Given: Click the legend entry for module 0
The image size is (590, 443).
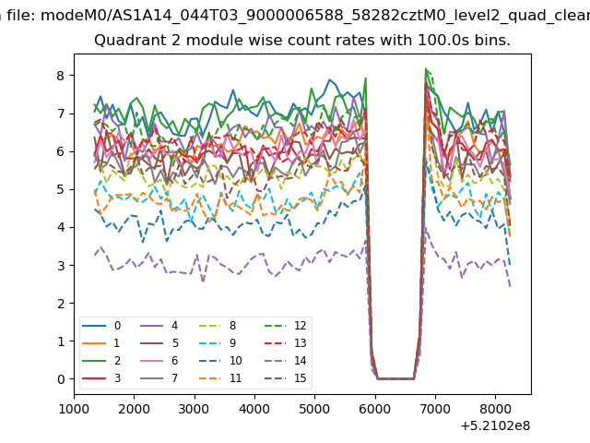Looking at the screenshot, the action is (x=101, y=326).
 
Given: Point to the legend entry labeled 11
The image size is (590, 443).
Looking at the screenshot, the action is (x=220, y=377).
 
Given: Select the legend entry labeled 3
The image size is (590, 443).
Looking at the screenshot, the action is (x=101, y=377).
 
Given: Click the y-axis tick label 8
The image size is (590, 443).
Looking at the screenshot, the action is (x=61, y=76).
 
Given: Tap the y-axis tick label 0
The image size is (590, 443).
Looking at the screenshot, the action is (x=61, y=379).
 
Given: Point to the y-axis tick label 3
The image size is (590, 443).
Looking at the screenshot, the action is (x=61, y=266).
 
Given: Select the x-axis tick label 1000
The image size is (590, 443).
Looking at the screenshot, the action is (x=74, y=409).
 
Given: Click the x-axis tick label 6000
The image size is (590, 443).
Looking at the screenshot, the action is (x=375, y=409).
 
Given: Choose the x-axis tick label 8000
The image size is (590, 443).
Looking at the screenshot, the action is (x=495, y=409).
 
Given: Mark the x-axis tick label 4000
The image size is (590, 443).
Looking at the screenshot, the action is (x=254, y=409).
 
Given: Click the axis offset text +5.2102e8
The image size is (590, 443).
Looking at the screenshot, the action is (x=495, y=425).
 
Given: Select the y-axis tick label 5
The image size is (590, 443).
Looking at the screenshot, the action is (x=61, y=189).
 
